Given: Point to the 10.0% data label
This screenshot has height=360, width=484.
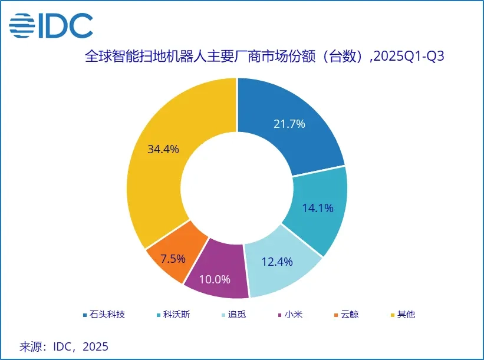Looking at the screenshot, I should [215, 279].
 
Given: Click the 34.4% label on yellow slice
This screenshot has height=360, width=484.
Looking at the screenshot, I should [163, 149].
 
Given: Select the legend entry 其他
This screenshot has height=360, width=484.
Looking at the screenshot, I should [406, 315].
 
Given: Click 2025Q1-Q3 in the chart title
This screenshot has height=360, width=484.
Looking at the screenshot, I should [407, 57].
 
